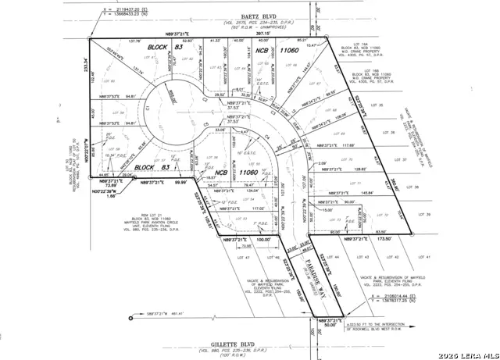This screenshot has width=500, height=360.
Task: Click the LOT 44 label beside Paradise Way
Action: (336, 257)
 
